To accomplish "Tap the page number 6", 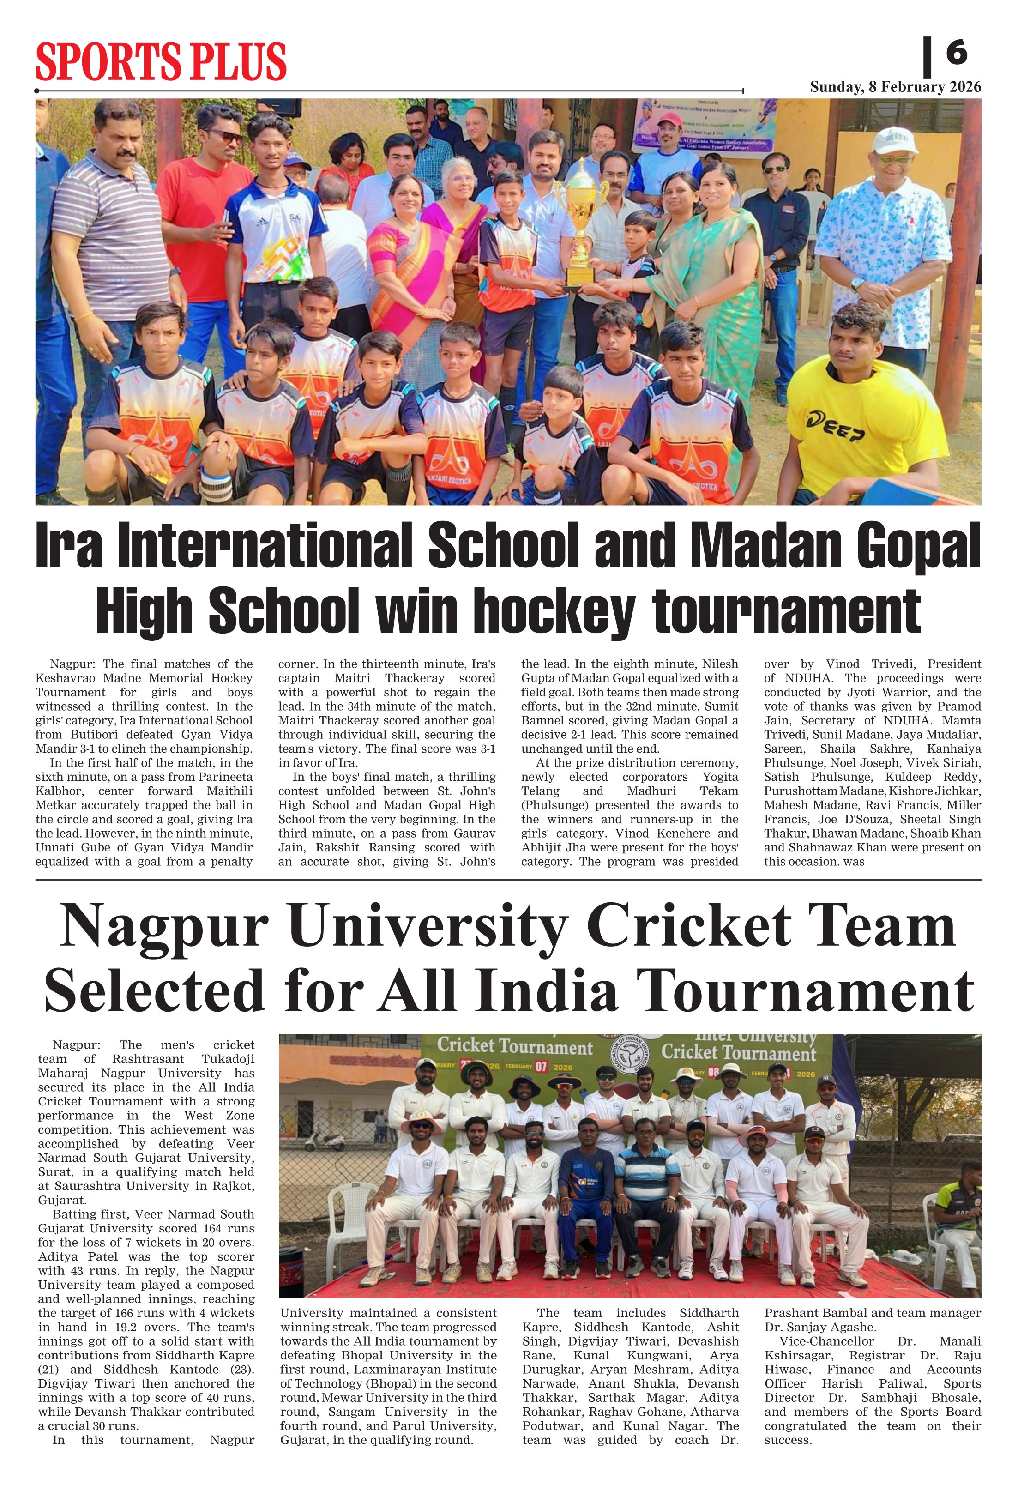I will point(956,53).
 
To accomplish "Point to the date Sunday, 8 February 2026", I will point(895,87).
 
